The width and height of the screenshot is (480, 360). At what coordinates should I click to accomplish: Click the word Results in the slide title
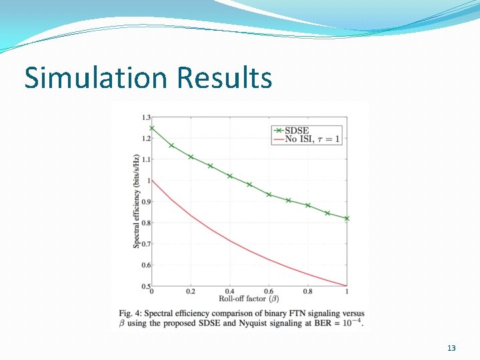224,78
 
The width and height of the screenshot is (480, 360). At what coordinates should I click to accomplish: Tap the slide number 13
451,349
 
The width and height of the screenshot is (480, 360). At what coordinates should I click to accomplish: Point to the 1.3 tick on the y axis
145,117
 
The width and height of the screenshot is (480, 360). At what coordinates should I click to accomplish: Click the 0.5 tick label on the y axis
145,287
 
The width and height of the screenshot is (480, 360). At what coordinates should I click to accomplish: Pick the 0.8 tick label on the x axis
308,292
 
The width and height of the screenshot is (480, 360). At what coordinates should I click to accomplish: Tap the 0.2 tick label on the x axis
191,292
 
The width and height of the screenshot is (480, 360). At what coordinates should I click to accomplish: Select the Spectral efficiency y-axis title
136,201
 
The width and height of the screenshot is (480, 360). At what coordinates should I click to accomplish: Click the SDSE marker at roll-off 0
152,128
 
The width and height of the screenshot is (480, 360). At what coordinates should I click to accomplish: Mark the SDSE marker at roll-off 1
347,219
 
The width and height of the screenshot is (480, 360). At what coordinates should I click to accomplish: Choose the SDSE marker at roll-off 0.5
249,184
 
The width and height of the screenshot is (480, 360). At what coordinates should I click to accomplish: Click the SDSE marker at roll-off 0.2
191,157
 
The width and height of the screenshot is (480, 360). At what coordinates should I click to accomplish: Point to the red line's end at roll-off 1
347,286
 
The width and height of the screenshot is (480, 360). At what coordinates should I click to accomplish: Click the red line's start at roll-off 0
152,180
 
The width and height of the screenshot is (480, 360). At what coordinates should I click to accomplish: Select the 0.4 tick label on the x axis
230,292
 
